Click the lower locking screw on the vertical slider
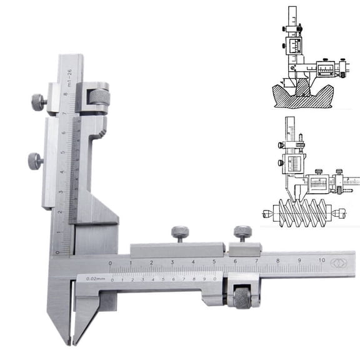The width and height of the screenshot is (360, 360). point(35,161)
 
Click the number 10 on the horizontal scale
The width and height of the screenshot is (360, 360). point(321,259)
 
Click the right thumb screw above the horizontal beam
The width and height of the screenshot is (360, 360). point(242,233)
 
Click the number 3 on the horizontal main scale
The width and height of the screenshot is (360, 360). point(172,262)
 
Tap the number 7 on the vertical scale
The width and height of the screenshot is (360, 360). point(65,114)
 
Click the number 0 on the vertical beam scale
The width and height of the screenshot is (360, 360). point(58,252)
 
